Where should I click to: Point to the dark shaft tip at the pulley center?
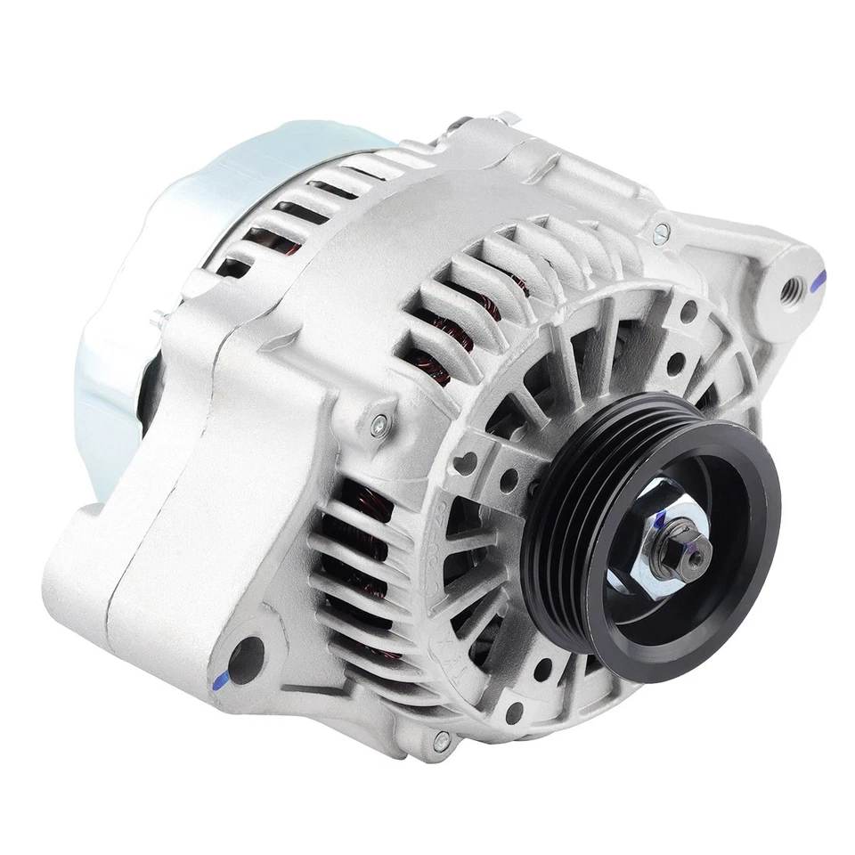click(693, 557)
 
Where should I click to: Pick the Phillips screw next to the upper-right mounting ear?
click(660, 234)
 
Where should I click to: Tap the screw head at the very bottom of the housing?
click(442, 738)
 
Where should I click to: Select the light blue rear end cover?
click(134, 294)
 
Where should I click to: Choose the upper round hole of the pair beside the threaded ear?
click(688, 312)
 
